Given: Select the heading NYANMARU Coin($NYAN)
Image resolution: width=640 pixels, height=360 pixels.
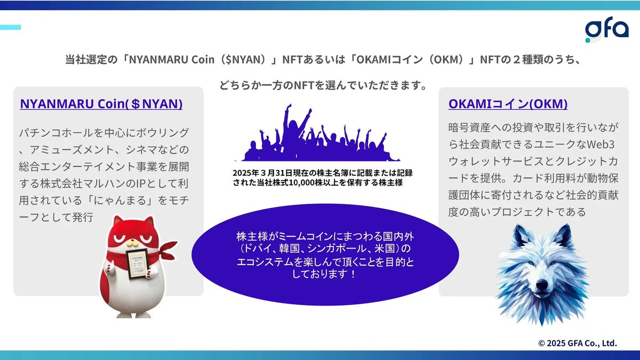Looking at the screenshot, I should click(x=101, y=104).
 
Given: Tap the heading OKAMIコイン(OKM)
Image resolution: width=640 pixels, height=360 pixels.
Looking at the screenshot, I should click(x=508, y=104).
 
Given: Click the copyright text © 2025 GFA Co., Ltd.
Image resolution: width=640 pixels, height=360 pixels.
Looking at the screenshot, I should click(x=577, y=343).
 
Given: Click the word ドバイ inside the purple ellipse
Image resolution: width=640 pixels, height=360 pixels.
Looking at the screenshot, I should click(x=260, y=249).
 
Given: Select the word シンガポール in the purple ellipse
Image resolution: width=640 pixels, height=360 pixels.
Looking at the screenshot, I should click(x=337, y=249).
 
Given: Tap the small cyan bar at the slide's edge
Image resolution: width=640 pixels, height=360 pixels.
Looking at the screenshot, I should click(x=10, y=27).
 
